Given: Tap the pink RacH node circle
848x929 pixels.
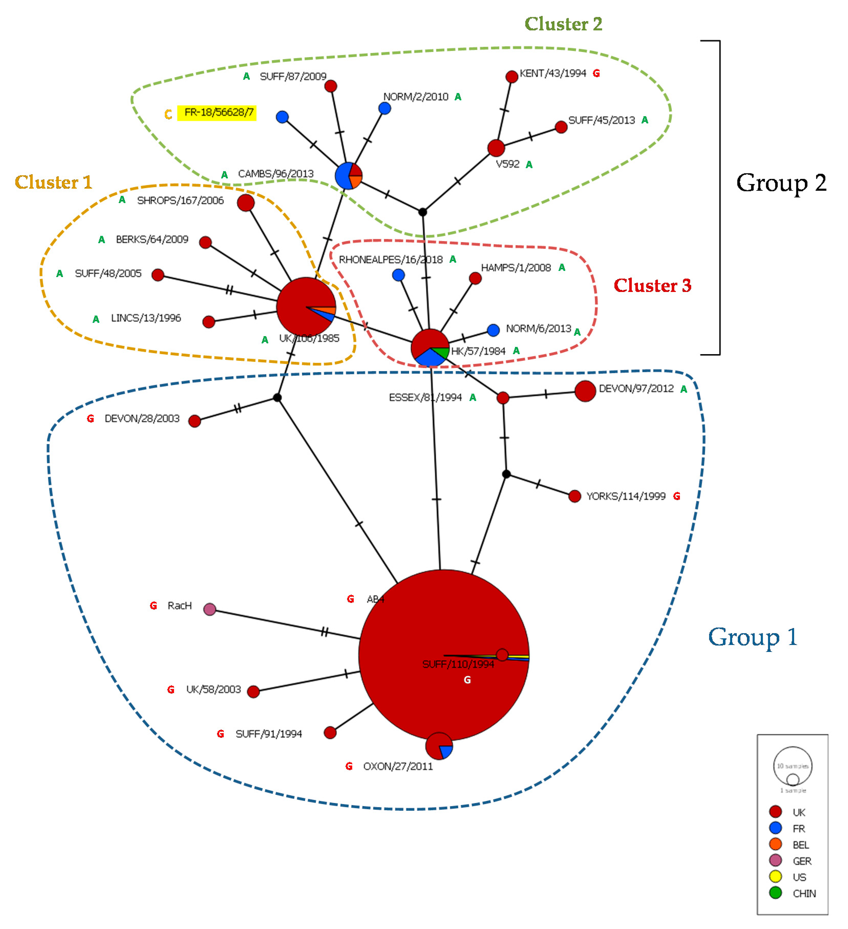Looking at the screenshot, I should click(x=210, y=610).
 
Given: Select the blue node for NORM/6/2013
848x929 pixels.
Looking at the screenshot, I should click(x=494, y=330).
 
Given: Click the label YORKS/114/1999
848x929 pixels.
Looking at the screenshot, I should click(x=626, y=496).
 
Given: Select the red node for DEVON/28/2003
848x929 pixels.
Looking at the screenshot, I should click(x=195, y=421).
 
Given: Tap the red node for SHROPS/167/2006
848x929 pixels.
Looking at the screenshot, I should click(x=246, y=203).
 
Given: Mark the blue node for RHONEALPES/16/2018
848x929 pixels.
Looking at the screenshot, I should click(x=399, y=276).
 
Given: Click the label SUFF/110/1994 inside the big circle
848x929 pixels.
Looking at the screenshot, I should click(x=458, y=664).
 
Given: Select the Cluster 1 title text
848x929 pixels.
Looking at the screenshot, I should click(x=54, y=183).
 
